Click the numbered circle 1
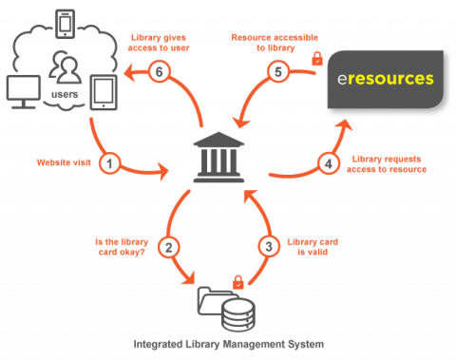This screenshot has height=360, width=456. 109,164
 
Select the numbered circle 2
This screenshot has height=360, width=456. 169,247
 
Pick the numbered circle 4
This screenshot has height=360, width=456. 327,163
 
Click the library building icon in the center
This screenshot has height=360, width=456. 218,158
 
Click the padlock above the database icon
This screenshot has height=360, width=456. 237,281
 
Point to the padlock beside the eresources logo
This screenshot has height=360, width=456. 317,61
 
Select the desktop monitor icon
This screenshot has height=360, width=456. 24,91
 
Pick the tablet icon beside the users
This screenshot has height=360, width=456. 104,91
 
